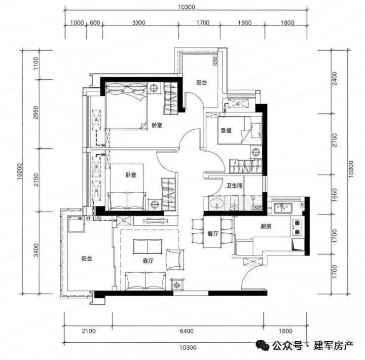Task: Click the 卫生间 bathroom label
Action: (x=234, y=185)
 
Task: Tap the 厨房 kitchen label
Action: (x=266, y=226)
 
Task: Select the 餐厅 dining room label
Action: (x=213, y=234)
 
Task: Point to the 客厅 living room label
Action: (x=148, y=261)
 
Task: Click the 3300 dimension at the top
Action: (x=139, y=23)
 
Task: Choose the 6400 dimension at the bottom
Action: (x=186, y=331)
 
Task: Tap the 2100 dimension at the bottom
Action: (x=89, y=331)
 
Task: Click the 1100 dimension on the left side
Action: (x=36, y=64)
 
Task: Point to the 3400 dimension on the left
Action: (x=36, y=250)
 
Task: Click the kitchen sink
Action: (x=283, y=208)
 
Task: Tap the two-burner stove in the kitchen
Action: (x=297, y=227)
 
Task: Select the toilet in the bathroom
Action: (x=234, y=204)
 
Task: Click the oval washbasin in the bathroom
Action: (x=217, y=204)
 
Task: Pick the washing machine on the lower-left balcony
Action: (x=76, y=224)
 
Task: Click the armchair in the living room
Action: (x=175, y=260)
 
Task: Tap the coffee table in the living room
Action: (x=147, y=246)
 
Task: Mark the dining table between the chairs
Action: (x=212, y=232)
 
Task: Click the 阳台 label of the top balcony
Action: (x=201, y=83)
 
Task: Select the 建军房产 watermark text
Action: (x=333, y=345)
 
